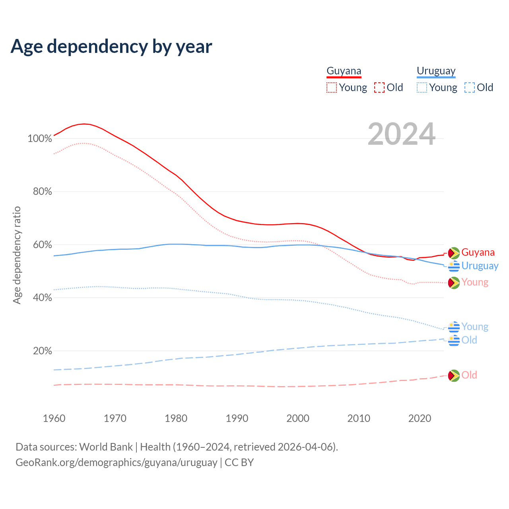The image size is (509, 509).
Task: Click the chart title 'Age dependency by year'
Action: click(x=111, y=47)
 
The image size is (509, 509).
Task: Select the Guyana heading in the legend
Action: click(x=344, y=71)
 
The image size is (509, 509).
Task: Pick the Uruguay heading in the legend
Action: click(x=436, y=71)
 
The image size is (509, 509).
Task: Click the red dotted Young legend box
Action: click(x=332, y=87)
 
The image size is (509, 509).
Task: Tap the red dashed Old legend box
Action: click(x=379, y=87)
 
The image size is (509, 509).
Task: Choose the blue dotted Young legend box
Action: click(x=422, y=87)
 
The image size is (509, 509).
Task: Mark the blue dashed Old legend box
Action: click(x=470, y=87)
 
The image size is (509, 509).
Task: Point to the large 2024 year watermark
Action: click(x=402, y=134)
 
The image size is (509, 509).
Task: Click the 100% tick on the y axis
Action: click(x=40, y=139)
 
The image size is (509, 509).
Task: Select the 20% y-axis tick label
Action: click(x=42, y=351)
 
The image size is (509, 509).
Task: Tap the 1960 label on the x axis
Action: click(x=54, y=418)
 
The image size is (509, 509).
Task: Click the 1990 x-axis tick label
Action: click(x=237, y=418)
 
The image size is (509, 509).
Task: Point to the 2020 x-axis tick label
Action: click(x=420, y=418)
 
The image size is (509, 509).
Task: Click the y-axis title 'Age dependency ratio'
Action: click(x=17, y=255)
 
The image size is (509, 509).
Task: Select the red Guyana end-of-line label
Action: click(x=478, y=253)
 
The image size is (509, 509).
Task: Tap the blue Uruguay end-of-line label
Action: click(x=480, y=266)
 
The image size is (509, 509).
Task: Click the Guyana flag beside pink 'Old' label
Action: click(x=454, y=375)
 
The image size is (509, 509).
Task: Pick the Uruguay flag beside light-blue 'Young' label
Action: click(x=454, y=327)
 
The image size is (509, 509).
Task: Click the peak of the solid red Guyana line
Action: click(x=84, y=124)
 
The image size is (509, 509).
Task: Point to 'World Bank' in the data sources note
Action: click(x=106, y=447)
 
